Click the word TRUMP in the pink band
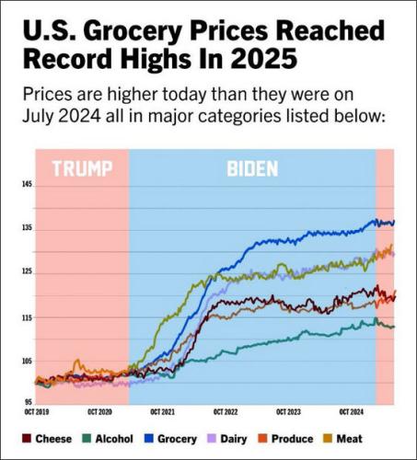(x=81, y=169)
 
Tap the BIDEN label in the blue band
(x=252, y=169)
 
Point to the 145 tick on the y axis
(x=26, y=185)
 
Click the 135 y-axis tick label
(x=26, y=228)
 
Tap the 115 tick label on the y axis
(x=26, y=317)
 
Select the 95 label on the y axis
(x=27, y=402)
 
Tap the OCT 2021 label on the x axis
(x=162, y=412)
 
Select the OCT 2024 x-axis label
(x=351, y=412)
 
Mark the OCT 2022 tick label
(x=225, y=412)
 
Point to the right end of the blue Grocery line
(x=394, y=222)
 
